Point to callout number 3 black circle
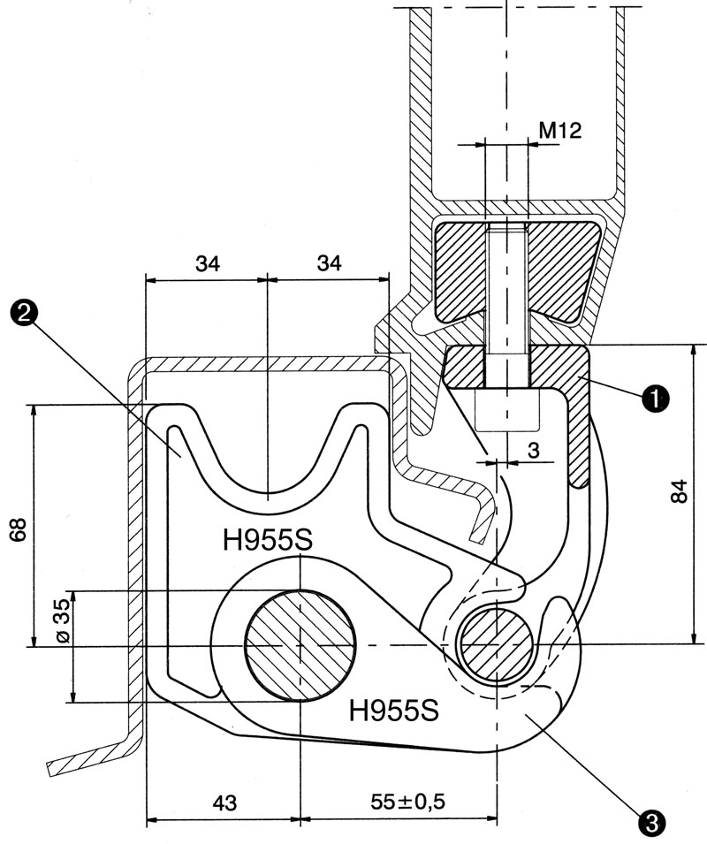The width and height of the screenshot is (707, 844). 650,821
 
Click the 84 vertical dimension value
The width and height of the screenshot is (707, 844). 679,492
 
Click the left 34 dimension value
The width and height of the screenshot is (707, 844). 207,263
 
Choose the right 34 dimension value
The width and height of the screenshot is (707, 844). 329,263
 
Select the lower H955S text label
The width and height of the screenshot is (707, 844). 394,707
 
